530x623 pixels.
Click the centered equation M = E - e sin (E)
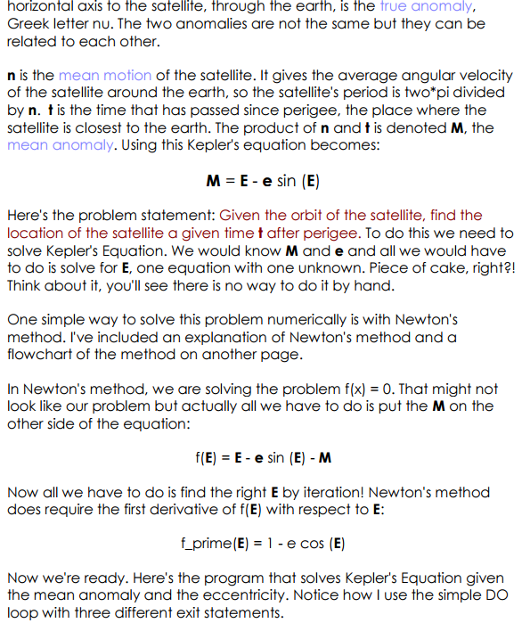(264, 180)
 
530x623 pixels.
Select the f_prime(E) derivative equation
(263, 544)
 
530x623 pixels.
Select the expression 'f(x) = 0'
(450, 389)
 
